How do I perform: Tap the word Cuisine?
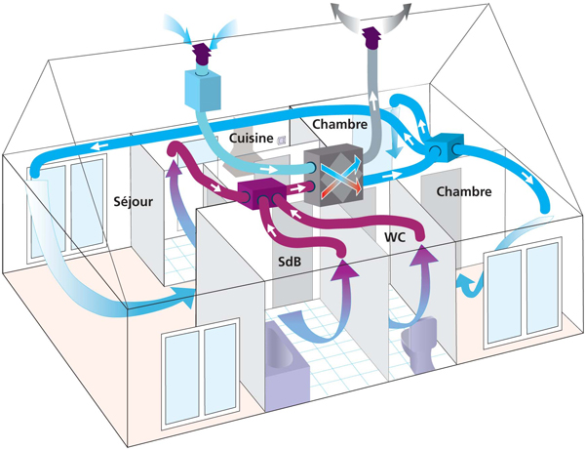tap(251, 140)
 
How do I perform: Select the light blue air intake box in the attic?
tap(204, 91)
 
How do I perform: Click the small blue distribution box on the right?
tap(443, 148)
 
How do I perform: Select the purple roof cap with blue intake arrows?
tap(202, 52)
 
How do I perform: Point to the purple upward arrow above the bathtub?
tap(343, 289)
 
